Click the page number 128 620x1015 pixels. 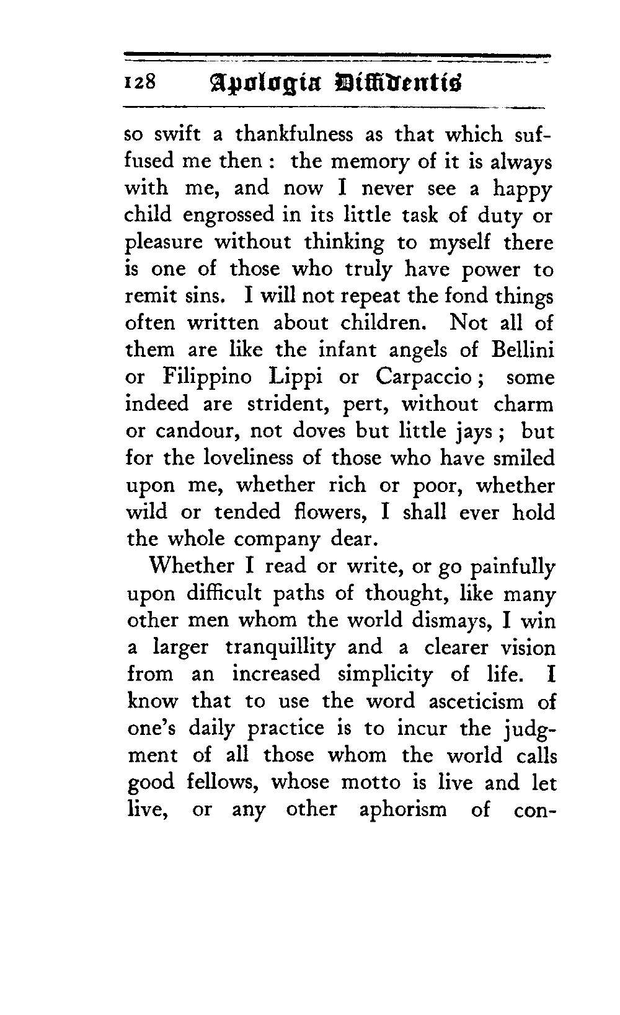click(x=142, y=83)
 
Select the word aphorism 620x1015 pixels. click(x=403, y=810)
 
